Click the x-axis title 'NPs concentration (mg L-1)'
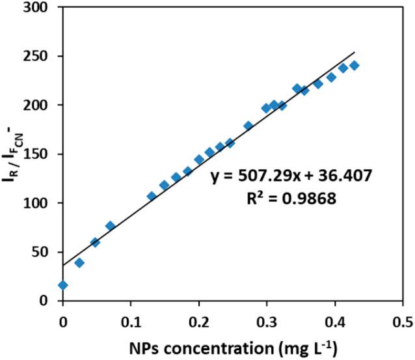point(232,345)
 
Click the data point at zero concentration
point(63,285)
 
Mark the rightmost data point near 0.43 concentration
point(355,66)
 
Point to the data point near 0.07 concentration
point(111,226)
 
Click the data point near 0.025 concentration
point(79,262)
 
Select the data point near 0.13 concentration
point(152,196)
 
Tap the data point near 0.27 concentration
point(248,126)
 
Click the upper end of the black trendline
point(355,52)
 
